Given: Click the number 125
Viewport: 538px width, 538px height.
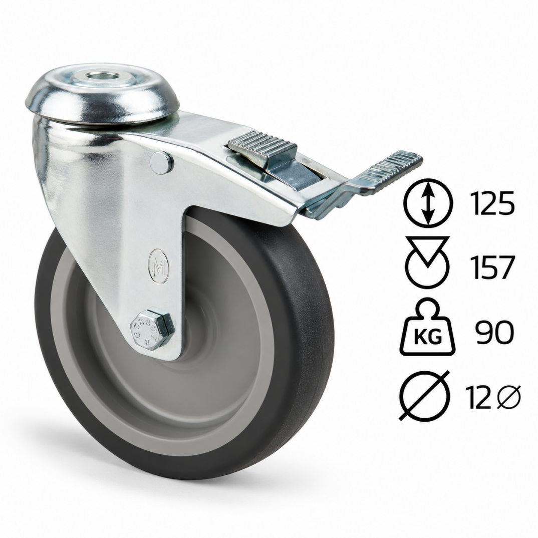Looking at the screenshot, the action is click(492, 203).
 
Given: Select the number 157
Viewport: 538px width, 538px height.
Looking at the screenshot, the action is click(492, 267).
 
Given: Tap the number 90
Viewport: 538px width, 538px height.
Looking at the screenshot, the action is click(494, 332).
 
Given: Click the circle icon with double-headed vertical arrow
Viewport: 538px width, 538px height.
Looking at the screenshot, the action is click(428, 203).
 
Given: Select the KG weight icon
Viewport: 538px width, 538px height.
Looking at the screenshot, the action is click(427, 327).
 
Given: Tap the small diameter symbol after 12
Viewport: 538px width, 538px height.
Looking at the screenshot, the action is click(508, 397).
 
